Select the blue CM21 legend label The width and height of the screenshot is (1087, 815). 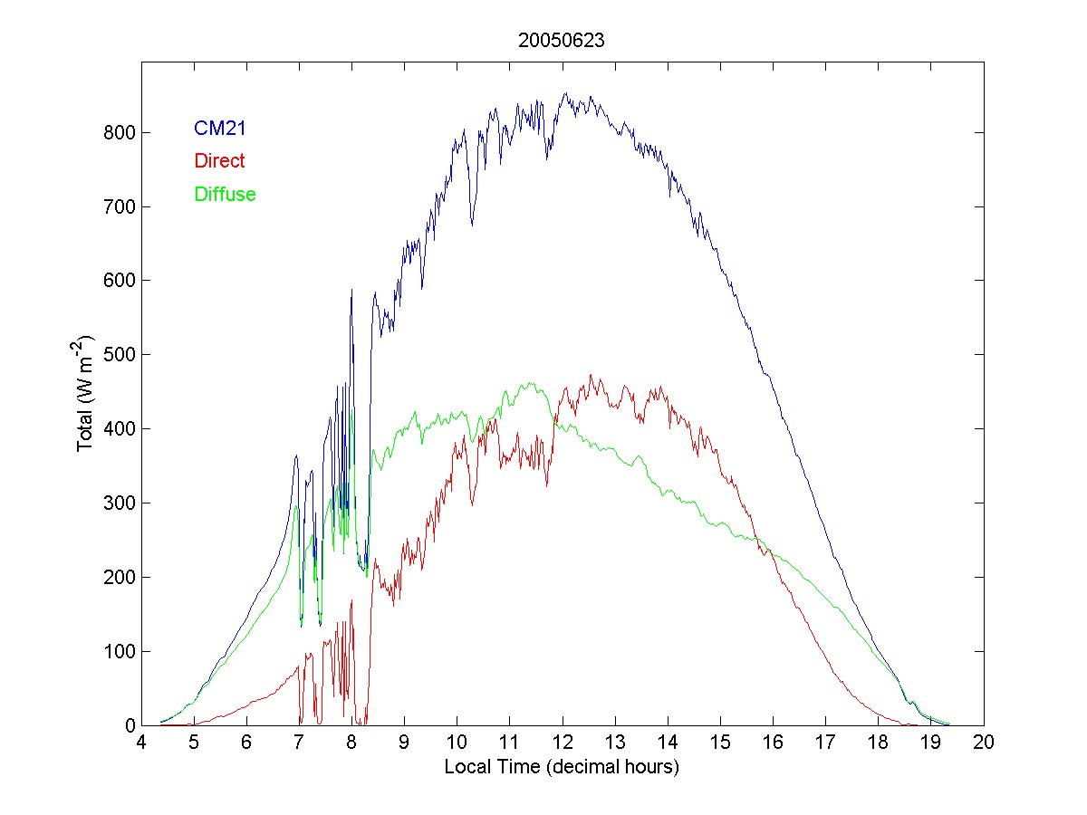pyautogui.click(x=220, y=129)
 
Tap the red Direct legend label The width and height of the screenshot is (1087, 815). pyautogui.click(x=219, y=161)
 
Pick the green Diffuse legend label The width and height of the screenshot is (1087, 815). pyautogui.click(x=225, y=194)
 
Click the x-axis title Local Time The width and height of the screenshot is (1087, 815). pyautogui.click(x=562, y=767)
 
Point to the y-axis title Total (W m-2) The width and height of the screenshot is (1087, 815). pyautogui.click(x=86, y=394)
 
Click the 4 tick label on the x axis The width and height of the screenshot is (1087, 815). pyautogui.click(x=141, y=743)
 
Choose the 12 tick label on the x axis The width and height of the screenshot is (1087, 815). pyautogui.click(x=563, y=743)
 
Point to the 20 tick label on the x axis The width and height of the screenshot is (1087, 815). pyautogui.click(x=984, y=743)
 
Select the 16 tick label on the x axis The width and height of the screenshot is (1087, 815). pyautogui.click(x=773, y=743)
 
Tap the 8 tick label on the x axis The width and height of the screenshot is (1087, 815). pyautogui.click(x=351, y=743)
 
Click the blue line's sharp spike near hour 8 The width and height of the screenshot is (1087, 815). pyautogui.click(x=351, y=291)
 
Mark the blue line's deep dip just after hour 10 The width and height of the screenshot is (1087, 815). pyautogui.click(x=471, y=224)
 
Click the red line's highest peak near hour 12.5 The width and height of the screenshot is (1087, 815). pyautogui.click(x=591, y=375)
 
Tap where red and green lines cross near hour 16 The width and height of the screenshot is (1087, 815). pyautogui.click(x=767, y=547)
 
